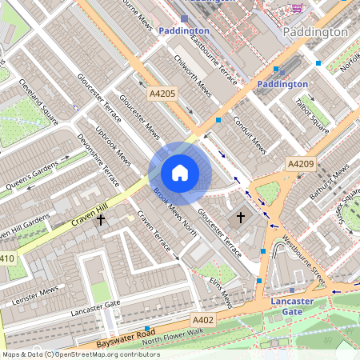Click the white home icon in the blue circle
click(180, 173)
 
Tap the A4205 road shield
click(162, 94)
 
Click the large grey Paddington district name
click(315, 32)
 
